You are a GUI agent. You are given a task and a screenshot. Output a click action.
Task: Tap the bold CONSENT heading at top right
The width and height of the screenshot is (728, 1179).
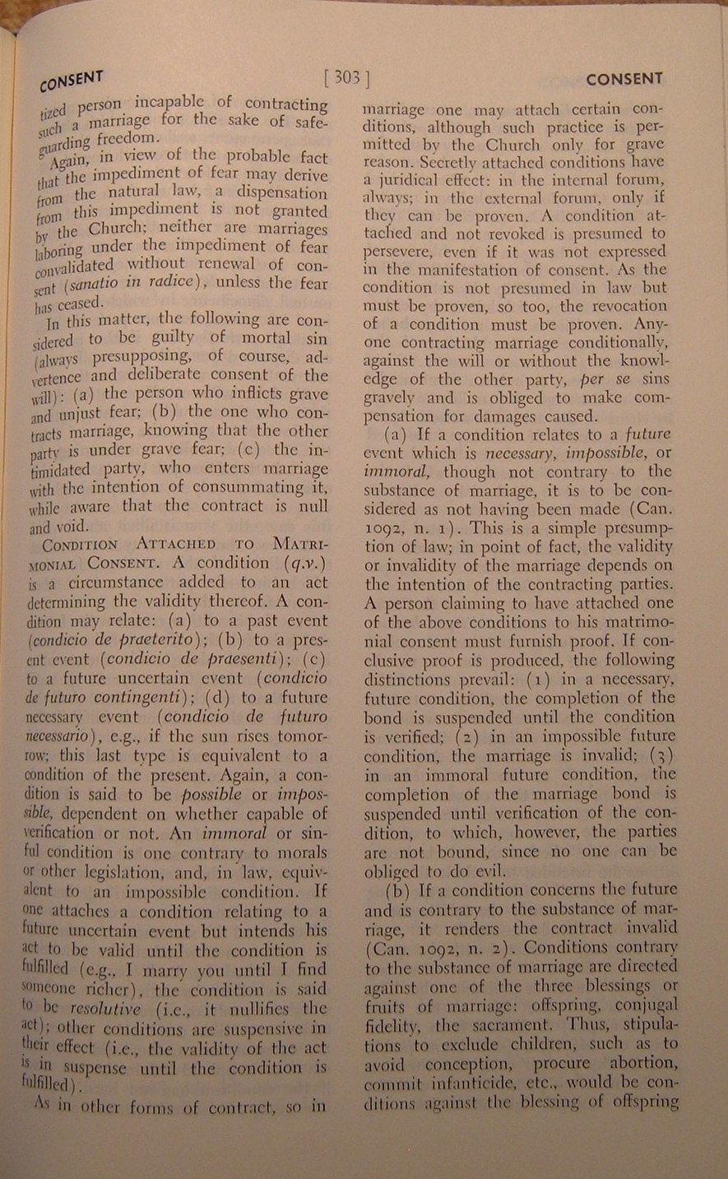coord(624,79)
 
